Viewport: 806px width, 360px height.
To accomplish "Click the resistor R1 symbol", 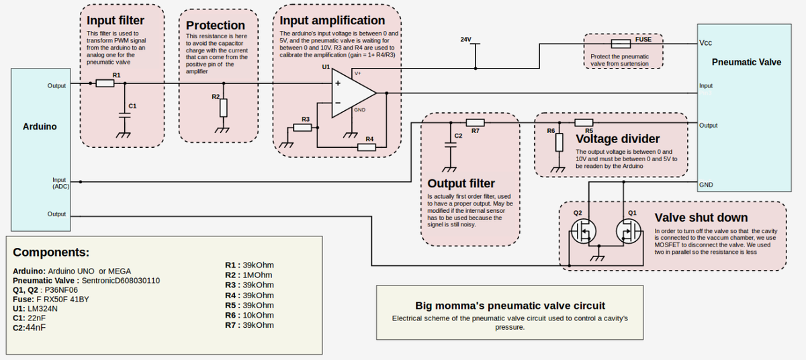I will (105, 83).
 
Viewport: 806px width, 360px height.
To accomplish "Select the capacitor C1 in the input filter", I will (123, 114).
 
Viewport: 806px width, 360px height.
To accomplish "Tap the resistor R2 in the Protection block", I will (224, 107).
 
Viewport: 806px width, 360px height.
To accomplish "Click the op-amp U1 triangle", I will (352, 93).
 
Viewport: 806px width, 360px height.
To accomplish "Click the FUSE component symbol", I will (620, 43).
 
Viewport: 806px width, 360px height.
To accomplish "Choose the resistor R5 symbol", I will (584, 122).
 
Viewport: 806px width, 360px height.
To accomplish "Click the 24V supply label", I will (466, 40).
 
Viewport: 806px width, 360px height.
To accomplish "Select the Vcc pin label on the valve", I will (705, 43).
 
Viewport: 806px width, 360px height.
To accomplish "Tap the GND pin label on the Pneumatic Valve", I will (706, 185).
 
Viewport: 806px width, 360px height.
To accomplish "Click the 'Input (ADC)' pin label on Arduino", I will (59, 183).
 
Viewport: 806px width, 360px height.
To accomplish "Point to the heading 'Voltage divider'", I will (617, 139).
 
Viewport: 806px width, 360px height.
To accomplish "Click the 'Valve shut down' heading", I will (701, 218).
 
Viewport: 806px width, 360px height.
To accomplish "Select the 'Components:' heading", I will (51, 253).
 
